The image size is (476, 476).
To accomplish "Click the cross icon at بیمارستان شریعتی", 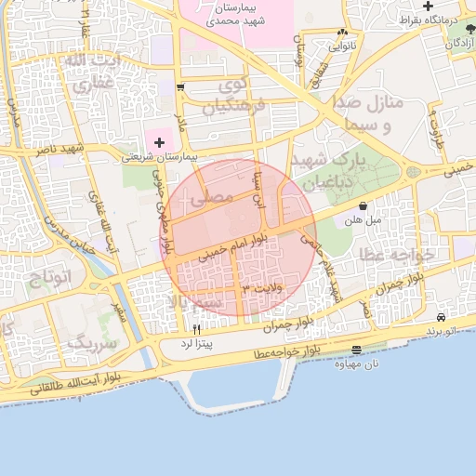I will [160, 142].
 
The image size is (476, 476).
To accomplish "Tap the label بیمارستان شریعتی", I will [160, 157].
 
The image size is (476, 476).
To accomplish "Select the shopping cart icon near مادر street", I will [179, 88].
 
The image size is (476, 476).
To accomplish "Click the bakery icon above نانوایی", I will [342, 33].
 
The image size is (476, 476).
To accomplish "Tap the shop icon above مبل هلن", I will [362, 206].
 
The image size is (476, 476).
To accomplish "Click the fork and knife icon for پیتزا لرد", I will [196, 329].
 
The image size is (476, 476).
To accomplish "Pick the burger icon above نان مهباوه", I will [358, 350].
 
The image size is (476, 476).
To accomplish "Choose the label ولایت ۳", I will [259, 290].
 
